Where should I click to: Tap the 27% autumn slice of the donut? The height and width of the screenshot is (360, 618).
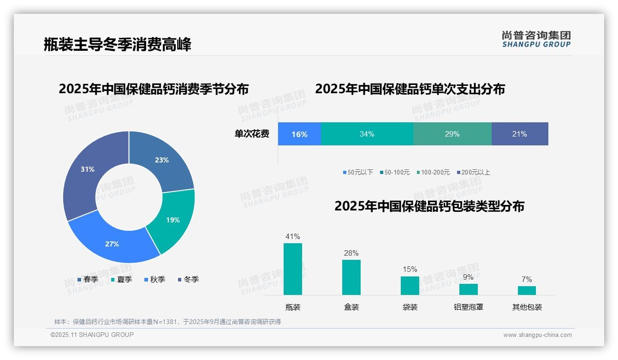(113, 242)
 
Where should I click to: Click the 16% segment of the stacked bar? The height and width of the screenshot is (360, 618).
(299, 134)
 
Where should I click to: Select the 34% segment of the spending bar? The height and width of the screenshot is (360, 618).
(367, 134)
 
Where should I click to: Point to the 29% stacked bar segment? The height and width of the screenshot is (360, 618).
(452, 134)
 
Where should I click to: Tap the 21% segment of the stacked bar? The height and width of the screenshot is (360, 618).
(520, 134)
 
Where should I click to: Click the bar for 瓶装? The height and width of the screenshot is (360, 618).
(292, 269)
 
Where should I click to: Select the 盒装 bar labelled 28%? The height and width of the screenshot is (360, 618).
(351, 277)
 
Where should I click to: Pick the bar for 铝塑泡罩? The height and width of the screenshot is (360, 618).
(468, 289)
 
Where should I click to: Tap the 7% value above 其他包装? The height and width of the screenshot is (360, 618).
(527, 279)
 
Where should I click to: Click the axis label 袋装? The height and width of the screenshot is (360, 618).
(410, 307)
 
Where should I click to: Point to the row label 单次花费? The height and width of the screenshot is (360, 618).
(252, 134)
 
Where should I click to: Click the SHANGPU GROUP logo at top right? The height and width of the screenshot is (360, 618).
(536, 39)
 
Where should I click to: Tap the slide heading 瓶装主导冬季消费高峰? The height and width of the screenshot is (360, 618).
(117, 44)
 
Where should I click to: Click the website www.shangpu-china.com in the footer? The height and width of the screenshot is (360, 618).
(537, 335)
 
